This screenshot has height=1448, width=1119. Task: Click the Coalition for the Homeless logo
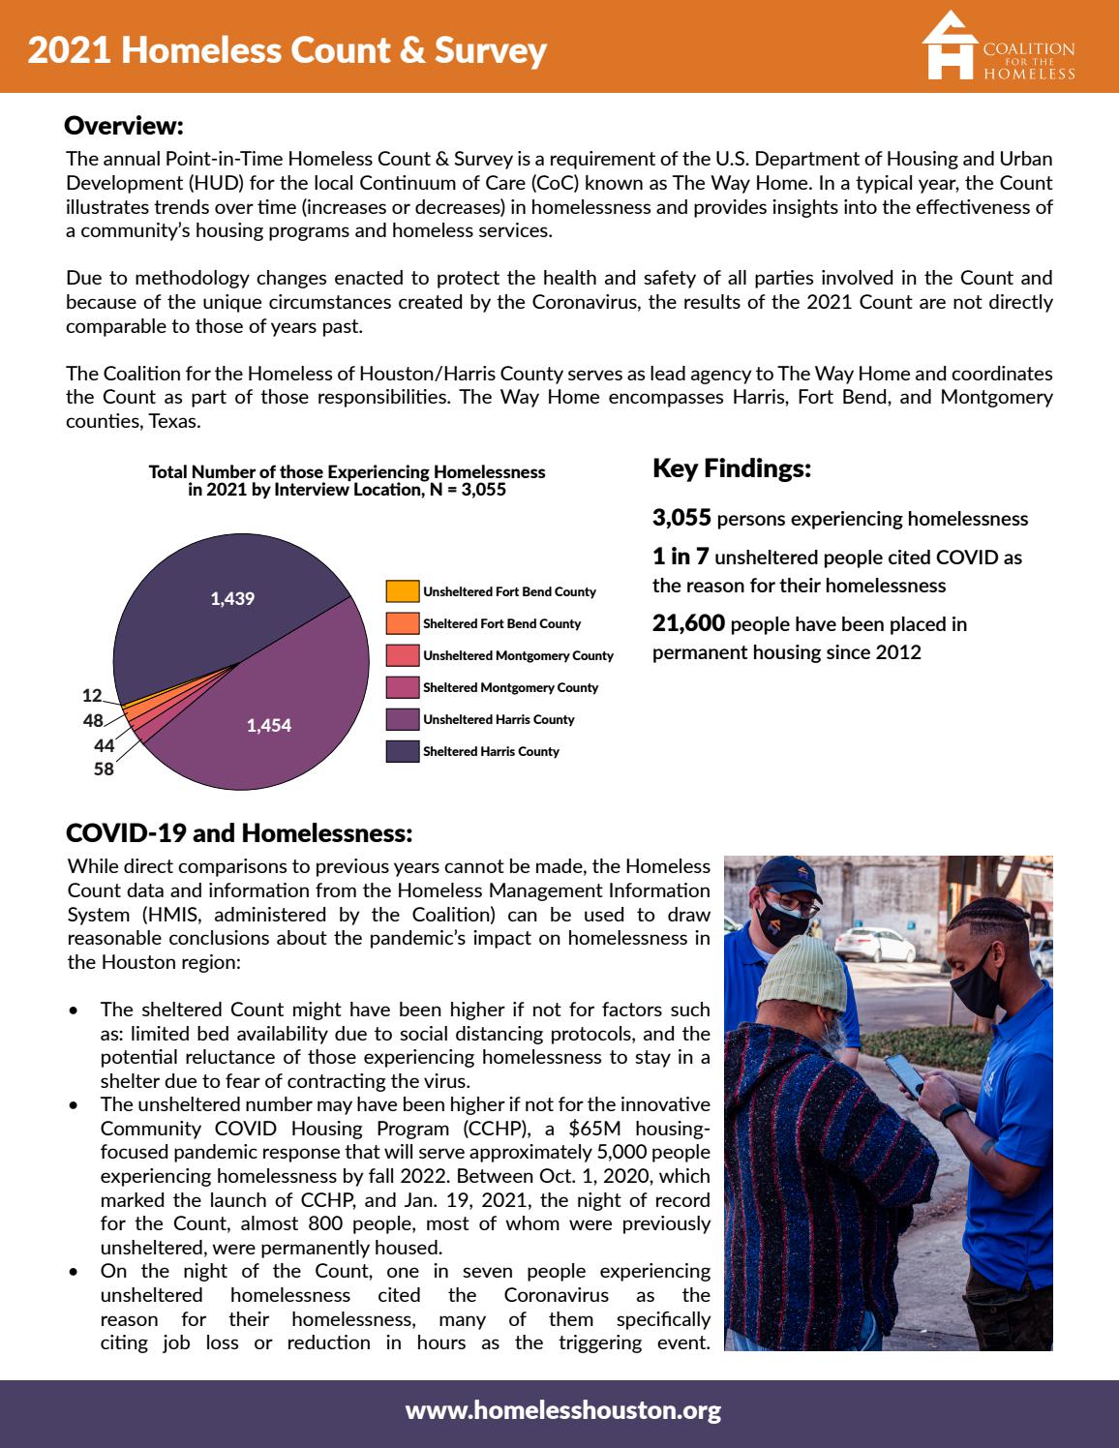pos(998,47)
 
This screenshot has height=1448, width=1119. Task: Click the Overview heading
pos(123,126)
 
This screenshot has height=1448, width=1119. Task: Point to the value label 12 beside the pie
pos(92,695)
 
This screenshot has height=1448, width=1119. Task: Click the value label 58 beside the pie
pos(104,769)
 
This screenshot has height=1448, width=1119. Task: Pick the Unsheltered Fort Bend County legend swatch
pos(402,591)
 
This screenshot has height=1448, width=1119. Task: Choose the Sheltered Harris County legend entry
pos(490,751)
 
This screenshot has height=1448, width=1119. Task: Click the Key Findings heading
pos(732,468)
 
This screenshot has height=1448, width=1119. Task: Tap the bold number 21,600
pos(688,623)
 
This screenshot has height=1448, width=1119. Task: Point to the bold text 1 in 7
pos(680,557)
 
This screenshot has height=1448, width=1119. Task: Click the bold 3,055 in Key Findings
pos(681,518)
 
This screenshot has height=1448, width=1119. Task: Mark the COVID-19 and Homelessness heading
pos(239,833)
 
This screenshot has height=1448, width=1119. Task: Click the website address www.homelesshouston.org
pos(562,1410)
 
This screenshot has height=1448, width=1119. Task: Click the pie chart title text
pos(347,480)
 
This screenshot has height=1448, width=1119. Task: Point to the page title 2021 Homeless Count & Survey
pos(287,49)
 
